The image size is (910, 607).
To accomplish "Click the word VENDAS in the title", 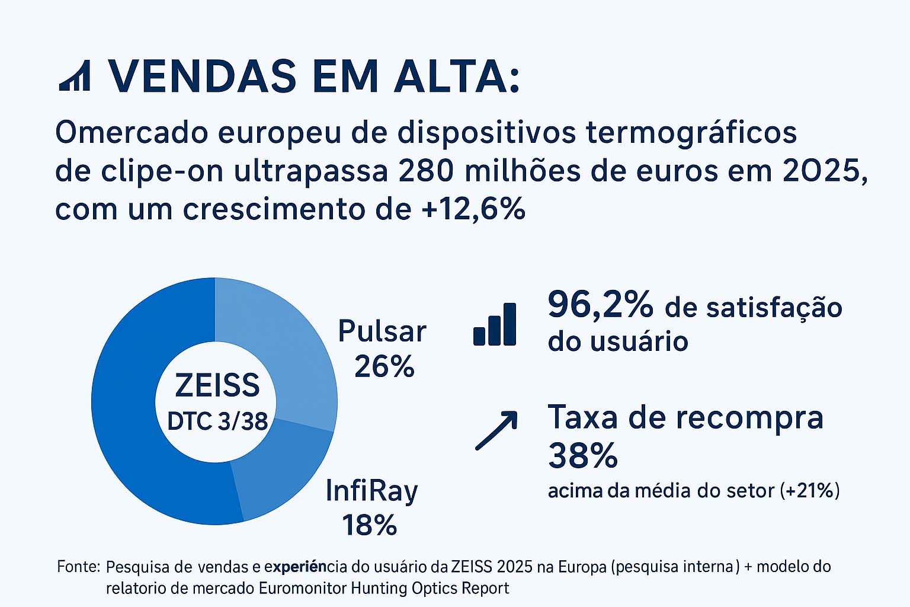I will (202, 76).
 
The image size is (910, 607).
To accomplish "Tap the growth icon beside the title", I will (75, 76).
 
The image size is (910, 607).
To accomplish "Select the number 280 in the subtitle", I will (427, 171).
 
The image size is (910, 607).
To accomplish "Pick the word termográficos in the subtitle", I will (691, 133).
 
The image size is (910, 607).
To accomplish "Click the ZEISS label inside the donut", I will (217, 385).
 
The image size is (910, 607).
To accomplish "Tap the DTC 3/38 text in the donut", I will (217, 421).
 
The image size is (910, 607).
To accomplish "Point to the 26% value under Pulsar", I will (384, 367).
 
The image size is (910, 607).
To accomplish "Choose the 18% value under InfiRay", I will (369, 525).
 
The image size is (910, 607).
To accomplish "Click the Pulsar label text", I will (382, 331).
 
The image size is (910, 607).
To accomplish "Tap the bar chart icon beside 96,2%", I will (495, 324).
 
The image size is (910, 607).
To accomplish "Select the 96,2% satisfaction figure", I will (600, 305).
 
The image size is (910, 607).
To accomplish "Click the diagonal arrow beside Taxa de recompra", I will (496, 430).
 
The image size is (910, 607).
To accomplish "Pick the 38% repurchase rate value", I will (583, 456).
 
